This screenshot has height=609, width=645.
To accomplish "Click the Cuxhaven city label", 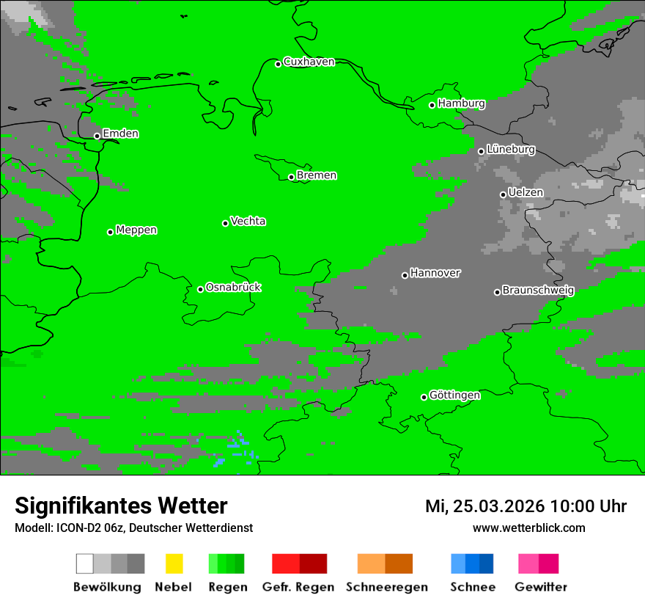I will [x=309, y=62].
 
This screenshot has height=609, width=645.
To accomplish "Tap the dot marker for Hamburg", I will [x=432, y=105].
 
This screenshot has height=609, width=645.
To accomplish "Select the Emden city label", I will [x=120, y=134].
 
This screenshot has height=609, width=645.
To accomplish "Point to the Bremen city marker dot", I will [x=291, y=177].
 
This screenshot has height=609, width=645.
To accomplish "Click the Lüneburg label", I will [x=511, y=149].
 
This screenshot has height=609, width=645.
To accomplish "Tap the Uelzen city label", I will [x=526, y=192].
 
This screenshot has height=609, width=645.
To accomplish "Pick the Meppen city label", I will [x=136, y=230].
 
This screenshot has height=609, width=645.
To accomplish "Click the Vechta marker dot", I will [x=226, y=223].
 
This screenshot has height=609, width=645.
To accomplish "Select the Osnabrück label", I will [x=233, y=287].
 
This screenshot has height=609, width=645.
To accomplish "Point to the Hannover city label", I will [x=435, y=273].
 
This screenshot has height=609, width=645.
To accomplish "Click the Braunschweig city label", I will [x=538, y=290].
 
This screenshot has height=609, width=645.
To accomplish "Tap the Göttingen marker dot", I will [x=424, y=397].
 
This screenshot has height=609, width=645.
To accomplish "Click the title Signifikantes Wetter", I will [x=121, y=506].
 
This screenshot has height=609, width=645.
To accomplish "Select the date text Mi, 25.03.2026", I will [x=484, y=506].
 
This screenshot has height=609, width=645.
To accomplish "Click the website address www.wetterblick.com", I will [x=528, y=528].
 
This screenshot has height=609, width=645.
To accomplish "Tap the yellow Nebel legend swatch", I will [x=174, y=564].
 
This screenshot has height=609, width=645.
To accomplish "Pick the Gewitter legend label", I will [x=541, y=587].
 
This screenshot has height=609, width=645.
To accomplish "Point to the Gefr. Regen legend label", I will [x=298, y=587].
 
